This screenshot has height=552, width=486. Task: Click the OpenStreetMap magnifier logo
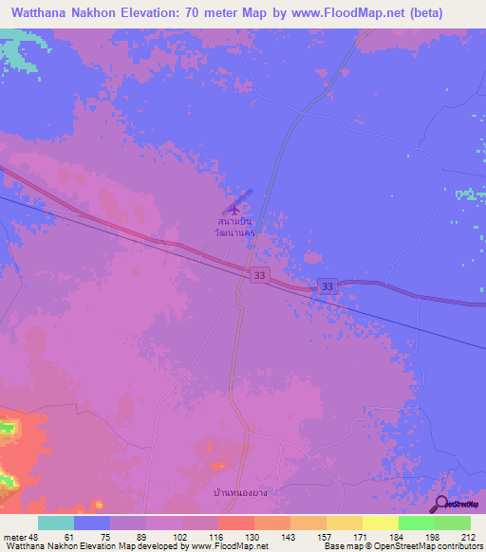tap(441, 505)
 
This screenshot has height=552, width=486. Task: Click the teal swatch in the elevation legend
tap(56, 523)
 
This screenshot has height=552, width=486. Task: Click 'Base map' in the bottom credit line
tap(340, 546)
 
